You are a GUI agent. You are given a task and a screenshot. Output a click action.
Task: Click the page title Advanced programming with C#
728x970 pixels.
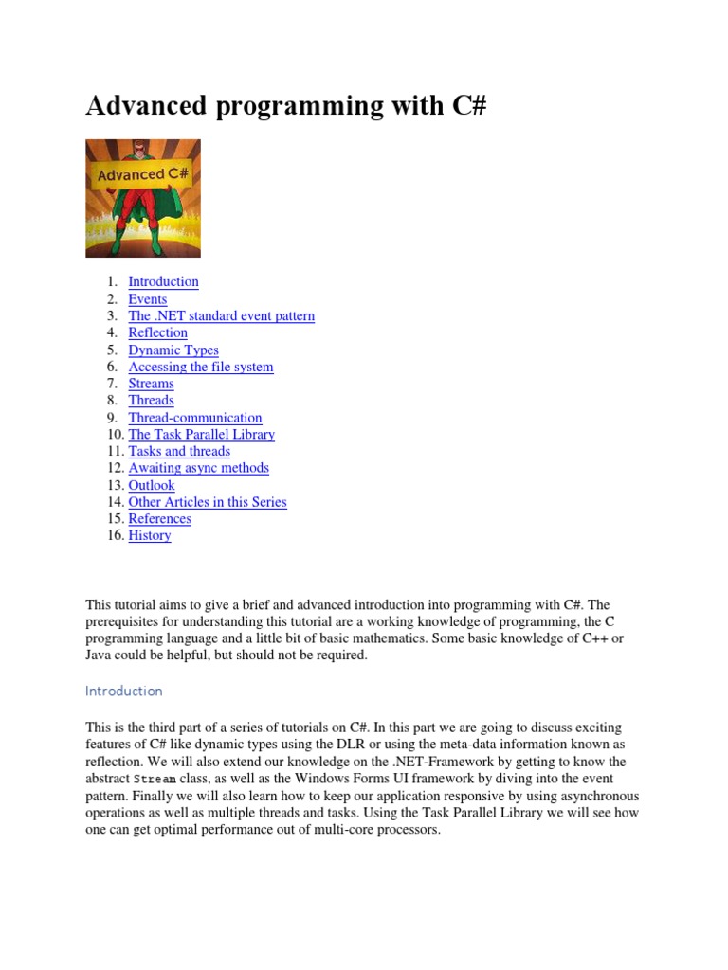[285, 105]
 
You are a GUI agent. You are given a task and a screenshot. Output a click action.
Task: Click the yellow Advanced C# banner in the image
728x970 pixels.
[143, 173]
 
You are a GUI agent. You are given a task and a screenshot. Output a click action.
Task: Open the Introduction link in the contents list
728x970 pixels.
[163, 281]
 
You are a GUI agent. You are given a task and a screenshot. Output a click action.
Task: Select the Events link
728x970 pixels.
[147, 299]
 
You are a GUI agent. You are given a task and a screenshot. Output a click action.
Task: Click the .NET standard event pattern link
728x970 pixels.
[221, 315]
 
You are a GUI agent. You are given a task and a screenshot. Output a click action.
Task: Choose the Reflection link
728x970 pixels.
[157, 332]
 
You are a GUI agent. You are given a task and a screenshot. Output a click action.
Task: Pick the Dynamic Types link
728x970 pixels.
[173, 350]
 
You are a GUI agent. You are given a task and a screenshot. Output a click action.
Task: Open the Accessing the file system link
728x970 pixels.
[200, 367]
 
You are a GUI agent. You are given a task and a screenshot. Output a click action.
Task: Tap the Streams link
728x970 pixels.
[151, 384]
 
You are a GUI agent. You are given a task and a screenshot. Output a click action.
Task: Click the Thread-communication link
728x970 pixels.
[194, 418]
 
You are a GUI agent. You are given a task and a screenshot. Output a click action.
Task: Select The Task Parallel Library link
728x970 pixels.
[201, 434]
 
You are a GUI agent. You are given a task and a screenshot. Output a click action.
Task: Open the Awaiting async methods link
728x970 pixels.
[198, 468]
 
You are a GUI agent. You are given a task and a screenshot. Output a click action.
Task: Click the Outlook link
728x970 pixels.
[152, 485]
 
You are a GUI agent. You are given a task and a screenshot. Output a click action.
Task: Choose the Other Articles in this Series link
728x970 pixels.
[207, 502]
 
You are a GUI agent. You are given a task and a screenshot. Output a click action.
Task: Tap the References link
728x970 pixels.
[159, 519]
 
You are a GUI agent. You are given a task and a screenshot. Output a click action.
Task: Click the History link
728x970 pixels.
[150, 535]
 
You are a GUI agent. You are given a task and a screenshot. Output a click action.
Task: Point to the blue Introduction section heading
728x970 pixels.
[123, 691]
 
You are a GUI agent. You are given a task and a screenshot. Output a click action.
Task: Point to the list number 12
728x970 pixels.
[115, 468]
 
